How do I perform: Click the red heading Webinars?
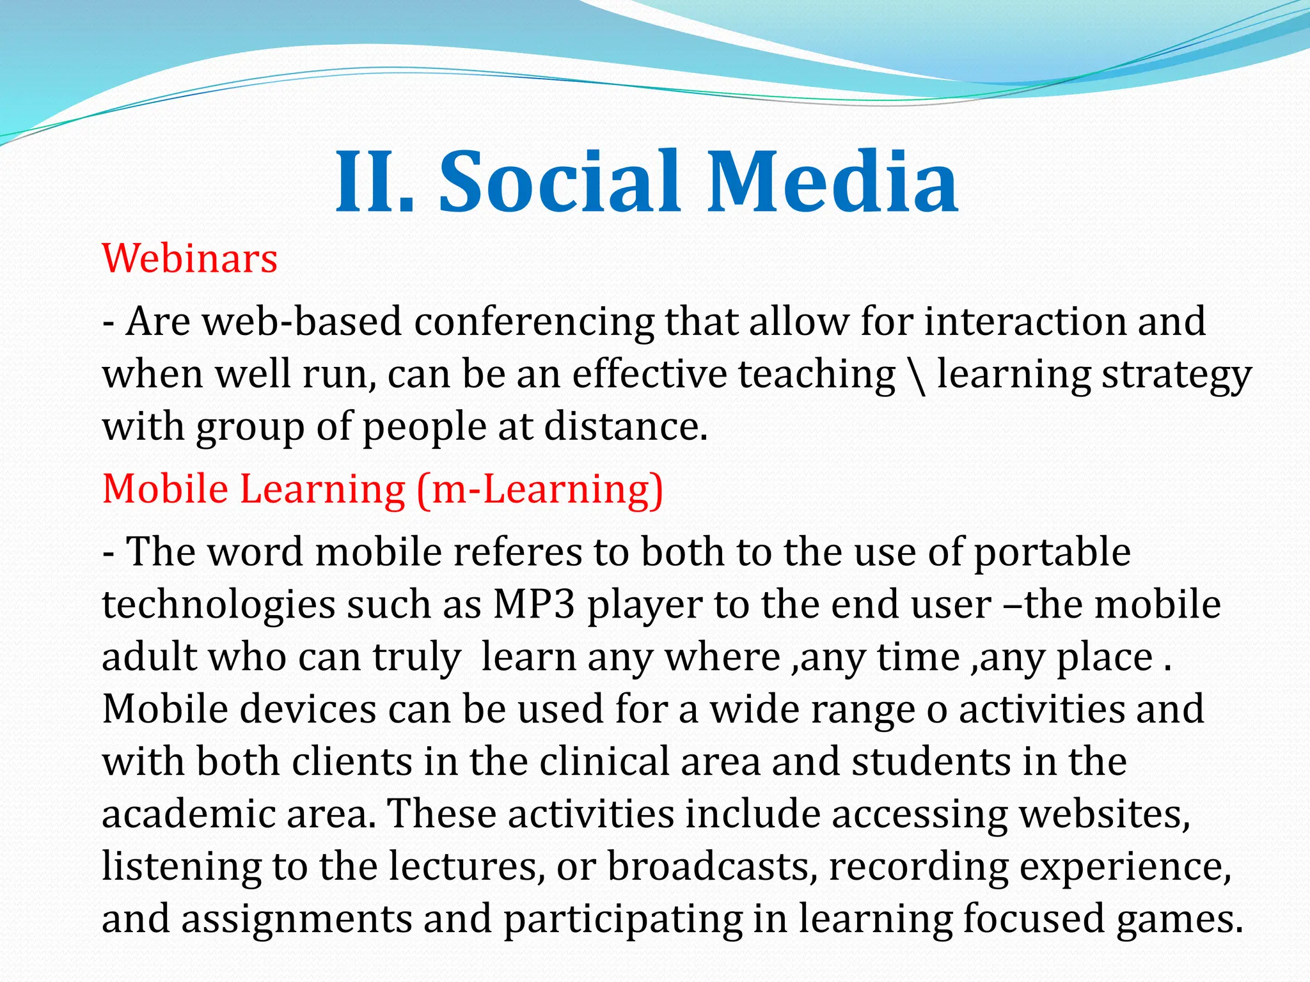(x=190, y=259)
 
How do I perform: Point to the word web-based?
(x=302, y=322)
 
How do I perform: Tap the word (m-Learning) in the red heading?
(x=539, y=490)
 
